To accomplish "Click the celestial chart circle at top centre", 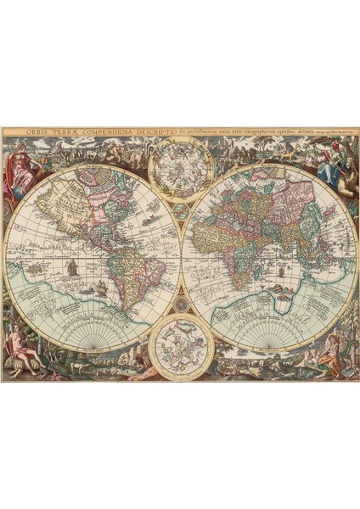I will tap(180, 171).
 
